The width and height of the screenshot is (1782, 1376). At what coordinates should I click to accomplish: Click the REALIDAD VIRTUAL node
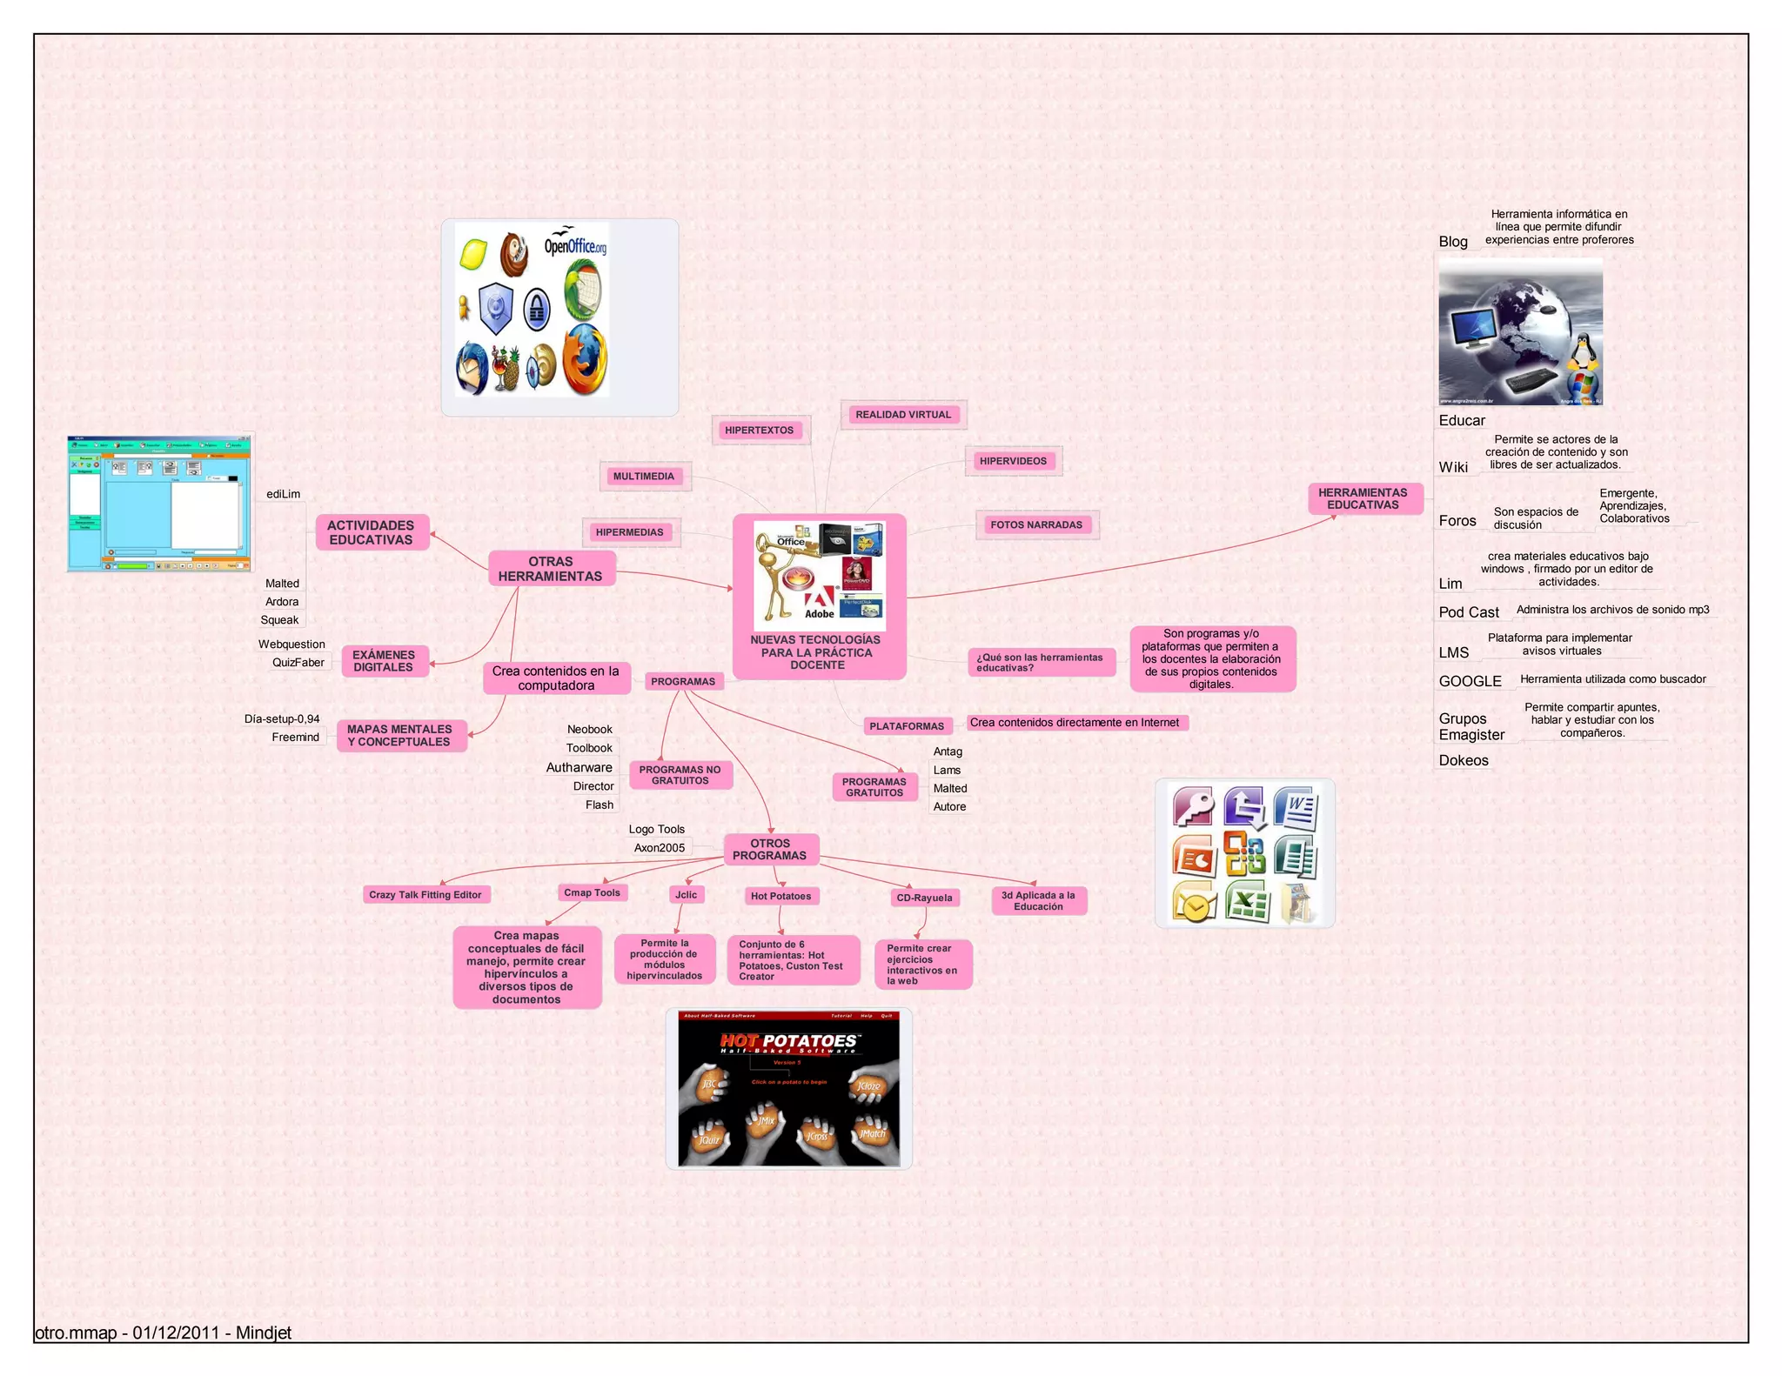902,415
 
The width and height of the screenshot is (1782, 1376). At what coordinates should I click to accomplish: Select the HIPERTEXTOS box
759,431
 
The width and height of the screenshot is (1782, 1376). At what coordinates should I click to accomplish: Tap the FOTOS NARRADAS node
1035,524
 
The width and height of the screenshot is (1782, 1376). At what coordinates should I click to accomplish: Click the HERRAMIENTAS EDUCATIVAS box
1362,498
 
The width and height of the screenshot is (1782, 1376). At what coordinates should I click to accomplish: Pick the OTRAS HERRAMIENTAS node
550,569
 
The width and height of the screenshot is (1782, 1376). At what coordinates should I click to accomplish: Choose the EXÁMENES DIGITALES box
383,661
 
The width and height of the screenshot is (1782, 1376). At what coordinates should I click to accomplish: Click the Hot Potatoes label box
780,896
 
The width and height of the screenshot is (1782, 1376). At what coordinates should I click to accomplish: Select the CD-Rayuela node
924,898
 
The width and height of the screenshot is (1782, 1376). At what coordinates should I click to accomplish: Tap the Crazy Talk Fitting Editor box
425,894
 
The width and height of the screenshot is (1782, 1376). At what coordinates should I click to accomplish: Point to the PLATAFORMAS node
906,726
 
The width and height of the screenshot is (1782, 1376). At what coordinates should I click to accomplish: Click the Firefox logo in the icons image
584,360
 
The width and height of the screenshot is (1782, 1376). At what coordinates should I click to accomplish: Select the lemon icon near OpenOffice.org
472,255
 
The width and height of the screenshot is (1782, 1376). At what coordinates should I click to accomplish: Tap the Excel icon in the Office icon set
1247,902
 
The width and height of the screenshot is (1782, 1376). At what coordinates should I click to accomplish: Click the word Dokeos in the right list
1463,760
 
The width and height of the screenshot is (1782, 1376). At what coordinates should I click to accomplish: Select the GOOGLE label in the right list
1470,681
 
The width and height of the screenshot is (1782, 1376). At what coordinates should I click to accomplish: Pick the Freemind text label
295,737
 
